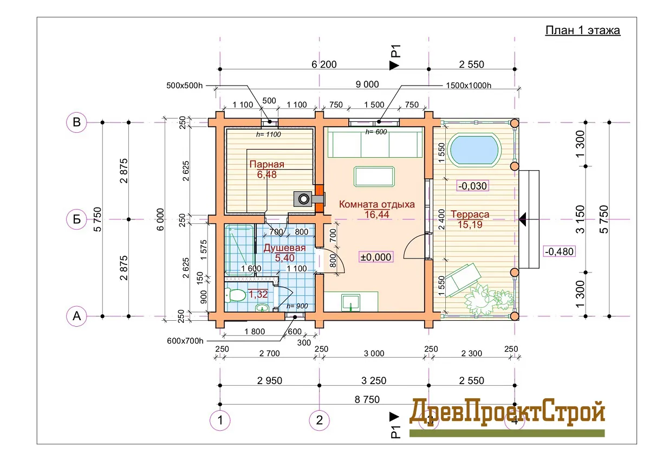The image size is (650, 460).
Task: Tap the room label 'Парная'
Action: pyautogui.click(x=266, y=164)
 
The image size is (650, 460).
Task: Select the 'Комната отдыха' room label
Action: pyautogui.click(x=376, y=204)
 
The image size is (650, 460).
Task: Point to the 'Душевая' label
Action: pyautogui.click(x=284, y=248)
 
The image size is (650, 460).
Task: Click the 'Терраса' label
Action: pyautogui.click(x=470, y=214)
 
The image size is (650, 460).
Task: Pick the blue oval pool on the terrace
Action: pyautogui.click(x=474, y=150)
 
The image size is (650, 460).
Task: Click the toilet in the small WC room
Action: pyautogui.click(x=235, y=295)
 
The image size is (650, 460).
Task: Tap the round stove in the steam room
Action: pyautogui.click(x=304, y=199)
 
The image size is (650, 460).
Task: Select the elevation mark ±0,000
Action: pyautogui.click(x=376, y=257)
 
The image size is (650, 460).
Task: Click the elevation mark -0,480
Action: pyautogui.click(x=559, y=251)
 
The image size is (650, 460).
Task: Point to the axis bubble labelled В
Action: pyautogui.click(x=76, y=122)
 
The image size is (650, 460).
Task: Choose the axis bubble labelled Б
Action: pyautogui.click(x=76, y=219)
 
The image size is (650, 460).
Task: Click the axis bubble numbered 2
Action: pyautogui.click(x=319, y=420)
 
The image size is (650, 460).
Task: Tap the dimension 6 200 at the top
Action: pyautogui.click(x=324, y=64)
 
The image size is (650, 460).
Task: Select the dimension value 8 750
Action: pyautogui.click(x=367, y=399)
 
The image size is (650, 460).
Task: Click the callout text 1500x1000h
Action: pyautogui.click(x=469, y=85)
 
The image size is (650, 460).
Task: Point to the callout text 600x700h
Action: pyautogui.click(x=185, y=341)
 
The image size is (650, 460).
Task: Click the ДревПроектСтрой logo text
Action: pyautogui.click(x=506, y=412)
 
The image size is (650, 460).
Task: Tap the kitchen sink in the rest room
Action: pyautogui.click(x=351, y=302)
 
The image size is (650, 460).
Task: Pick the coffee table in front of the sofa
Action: pyautogui.click(x=374, y=177)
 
